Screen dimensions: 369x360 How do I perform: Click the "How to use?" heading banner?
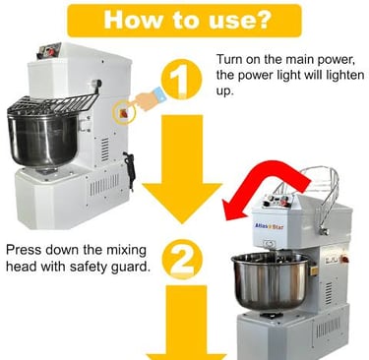[184, 21]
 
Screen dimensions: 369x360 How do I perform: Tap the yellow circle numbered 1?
[181, 80]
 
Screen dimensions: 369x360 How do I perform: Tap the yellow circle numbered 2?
[182, 260]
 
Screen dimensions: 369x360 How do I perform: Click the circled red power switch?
[124, 113]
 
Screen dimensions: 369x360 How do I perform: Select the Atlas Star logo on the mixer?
[269, 226]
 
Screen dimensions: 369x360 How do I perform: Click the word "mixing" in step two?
[126, 251]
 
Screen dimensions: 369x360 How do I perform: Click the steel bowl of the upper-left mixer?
[42, 139]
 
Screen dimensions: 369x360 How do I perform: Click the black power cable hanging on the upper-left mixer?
[130, 170]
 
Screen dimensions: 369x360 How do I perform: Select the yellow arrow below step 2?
[186, 323]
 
